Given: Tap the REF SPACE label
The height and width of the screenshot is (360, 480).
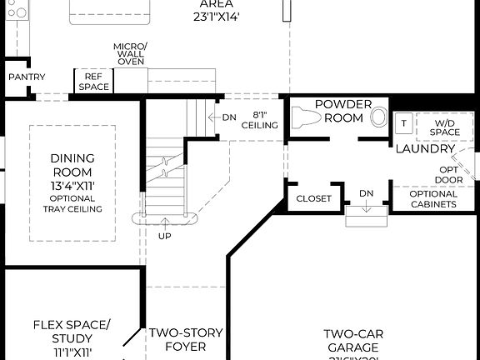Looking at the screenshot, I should pos(94,81).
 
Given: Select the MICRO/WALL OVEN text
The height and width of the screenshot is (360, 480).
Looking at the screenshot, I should pos(131,53).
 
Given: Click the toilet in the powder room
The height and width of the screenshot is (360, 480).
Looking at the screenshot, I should pos(379,117).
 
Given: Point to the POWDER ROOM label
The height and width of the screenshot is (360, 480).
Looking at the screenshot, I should pos(339,112).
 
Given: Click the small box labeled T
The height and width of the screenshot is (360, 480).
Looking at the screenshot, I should pos(403,123).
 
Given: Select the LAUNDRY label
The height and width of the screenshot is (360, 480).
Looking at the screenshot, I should pos(425,149).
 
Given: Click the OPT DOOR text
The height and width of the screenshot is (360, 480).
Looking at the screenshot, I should pos(451,174).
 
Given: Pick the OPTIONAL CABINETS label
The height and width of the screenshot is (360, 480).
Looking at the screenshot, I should pos(433,199).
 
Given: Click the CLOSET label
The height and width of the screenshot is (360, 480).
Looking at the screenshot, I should pos(314,199).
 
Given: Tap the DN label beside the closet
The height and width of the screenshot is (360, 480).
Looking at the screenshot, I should pos(366,192).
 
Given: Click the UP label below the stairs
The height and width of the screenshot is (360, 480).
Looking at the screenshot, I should pos(165,236).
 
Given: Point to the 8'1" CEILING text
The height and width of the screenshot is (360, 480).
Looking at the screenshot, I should pos(259,121).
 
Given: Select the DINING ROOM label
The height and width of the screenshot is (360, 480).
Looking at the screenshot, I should pos(72,164).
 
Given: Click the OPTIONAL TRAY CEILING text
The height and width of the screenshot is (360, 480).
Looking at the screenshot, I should pos(72,204).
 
